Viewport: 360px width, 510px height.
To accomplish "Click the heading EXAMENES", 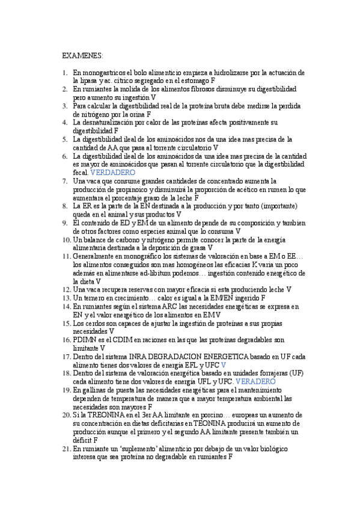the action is [x=82, y=55].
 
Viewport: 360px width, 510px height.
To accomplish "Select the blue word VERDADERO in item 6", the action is [x=112, y=172].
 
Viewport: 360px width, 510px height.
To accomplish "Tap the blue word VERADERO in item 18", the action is [x=255, y=381].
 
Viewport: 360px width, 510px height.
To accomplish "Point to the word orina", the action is [x=138, y=113].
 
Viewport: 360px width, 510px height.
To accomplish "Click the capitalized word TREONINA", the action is [x=102, y=415].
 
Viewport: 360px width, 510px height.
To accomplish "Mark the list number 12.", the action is [x=66, y=289].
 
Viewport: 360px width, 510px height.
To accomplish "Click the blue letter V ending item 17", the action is [x=224, y=364].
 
